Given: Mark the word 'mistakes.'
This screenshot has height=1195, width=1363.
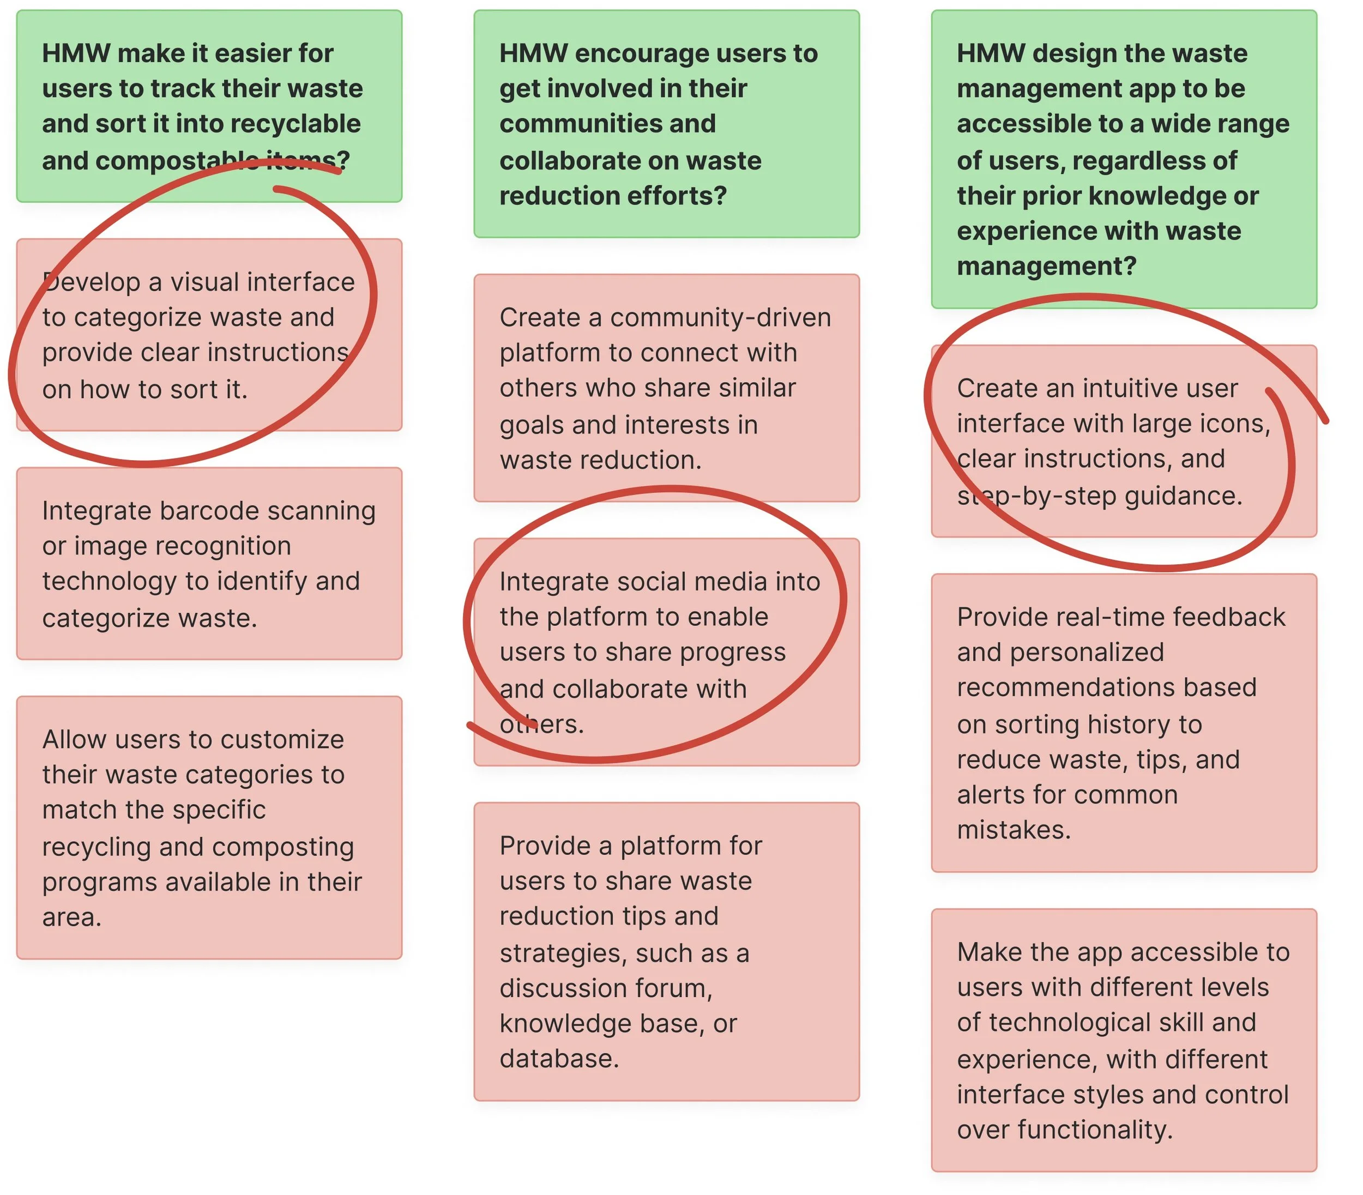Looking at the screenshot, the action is point(1014,831).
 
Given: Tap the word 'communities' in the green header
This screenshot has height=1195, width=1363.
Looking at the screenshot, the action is point(607,124).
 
